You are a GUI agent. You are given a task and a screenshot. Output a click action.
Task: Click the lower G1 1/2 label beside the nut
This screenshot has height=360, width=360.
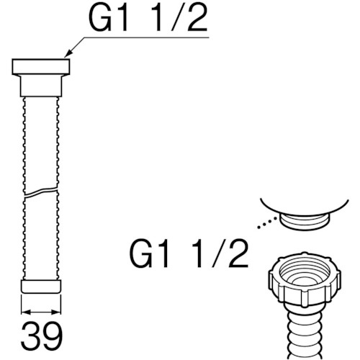pos(189,254)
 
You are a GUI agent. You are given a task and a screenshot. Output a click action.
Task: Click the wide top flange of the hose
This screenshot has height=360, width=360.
pos(41,66)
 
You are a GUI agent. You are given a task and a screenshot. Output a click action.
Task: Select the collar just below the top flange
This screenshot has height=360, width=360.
pos(41,86)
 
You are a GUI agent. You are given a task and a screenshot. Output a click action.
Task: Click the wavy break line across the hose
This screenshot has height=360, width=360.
pos(41,193)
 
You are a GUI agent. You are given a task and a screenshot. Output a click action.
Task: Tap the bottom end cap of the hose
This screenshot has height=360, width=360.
pos(41,287)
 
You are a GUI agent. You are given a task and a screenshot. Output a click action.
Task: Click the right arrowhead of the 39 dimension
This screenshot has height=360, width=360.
pos(56,312)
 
